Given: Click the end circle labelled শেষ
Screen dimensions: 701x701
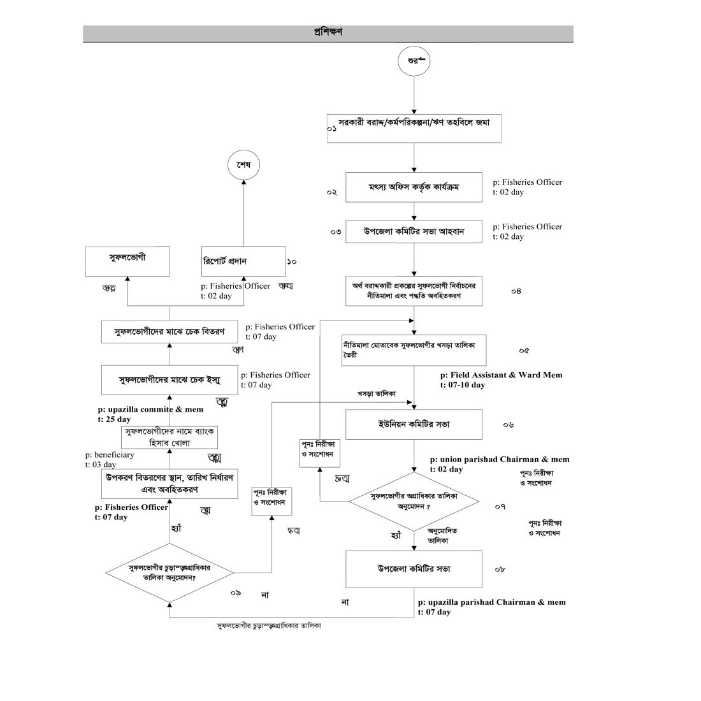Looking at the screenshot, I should (244, 165).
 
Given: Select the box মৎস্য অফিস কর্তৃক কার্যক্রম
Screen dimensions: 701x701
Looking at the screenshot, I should (414, 187).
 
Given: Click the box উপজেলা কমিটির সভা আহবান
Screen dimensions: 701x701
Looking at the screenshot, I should (414, 231).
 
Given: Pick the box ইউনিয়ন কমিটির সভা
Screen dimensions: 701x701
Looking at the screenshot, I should (414, 425).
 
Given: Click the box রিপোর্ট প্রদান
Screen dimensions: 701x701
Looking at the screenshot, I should (243, 261).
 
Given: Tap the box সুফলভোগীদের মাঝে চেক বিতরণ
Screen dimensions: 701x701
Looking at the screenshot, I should (170, 332).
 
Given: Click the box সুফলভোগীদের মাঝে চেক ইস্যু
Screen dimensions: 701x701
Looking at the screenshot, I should (170, 380).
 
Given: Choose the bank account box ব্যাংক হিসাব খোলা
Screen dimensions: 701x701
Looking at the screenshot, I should (170, 437).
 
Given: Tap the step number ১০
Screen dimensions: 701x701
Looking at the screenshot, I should (292, 261).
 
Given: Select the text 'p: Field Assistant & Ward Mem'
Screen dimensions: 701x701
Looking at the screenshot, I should (501, 375).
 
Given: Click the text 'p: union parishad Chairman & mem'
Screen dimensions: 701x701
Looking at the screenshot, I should (500, 459).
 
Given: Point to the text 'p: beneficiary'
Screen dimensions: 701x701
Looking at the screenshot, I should (110, 455).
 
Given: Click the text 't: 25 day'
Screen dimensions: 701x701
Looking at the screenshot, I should (114, 419).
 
